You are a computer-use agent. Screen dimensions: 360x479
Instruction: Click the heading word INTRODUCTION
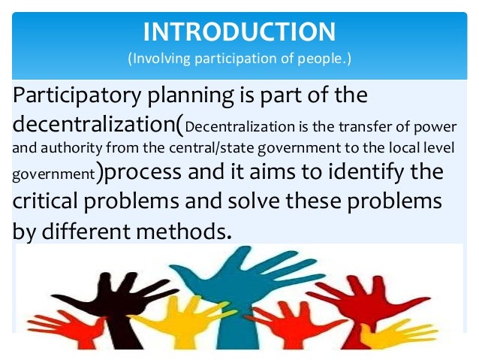tap(239, 32)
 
